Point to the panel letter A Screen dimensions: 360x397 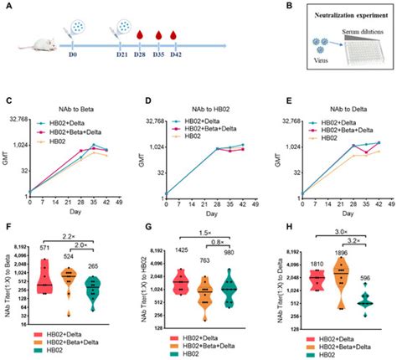click(10, 7)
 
